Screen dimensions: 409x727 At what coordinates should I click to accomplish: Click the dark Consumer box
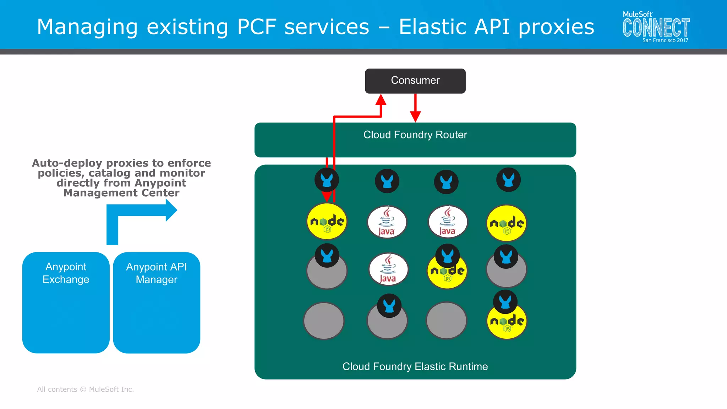415,81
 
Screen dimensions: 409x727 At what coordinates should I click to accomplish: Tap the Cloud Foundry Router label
415,135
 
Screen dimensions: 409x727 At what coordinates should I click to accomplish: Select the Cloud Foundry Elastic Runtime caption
415,366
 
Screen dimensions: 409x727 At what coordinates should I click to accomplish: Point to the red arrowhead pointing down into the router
415,116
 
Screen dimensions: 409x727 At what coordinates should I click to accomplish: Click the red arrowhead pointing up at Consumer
381,100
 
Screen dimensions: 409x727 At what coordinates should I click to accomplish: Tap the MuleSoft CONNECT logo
656,27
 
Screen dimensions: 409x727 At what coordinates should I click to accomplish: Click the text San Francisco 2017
665,40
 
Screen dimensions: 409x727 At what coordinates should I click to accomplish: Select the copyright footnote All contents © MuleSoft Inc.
86,389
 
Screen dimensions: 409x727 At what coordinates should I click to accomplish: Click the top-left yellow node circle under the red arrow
327,222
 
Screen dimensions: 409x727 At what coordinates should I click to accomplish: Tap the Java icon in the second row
388,269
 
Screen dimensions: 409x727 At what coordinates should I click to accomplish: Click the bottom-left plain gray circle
324,321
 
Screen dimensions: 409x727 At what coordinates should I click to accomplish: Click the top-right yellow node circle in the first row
507,223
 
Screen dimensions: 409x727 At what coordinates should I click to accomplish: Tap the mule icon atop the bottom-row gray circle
389,306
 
